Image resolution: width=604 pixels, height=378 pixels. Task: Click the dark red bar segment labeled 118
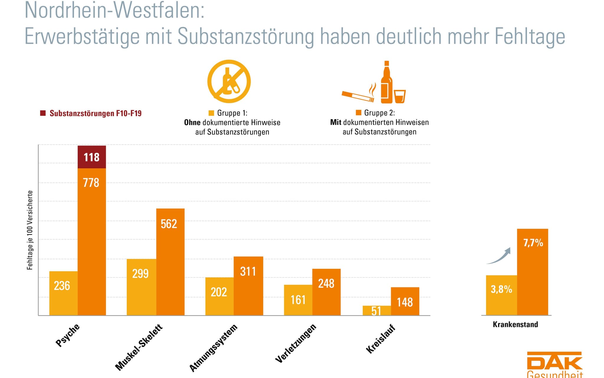click(x=92, y=157)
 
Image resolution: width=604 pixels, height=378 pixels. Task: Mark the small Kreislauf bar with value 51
click(x=377, y=311)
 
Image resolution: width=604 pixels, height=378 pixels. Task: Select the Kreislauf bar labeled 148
click(x=405, y=301)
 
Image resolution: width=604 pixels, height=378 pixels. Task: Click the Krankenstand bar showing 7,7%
click(x=532, y=272)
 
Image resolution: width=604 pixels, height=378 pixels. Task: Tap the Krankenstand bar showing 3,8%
click(x=501, y=295)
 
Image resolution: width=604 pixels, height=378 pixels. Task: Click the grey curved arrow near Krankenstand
click(x=499, y=256)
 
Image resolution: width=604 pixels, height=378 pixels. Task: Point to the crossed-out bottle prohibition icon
click(x=229, y=81)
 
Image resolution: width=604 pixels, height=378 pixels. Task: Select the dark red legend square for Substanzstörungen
click(x=43, y=113)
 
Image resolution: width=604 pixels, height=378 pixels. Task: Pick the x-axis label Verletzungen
click(x=296, y=343)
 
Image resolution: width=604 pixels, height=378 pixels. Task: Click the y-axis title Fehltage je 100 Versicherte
click(x=30, y=230)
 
